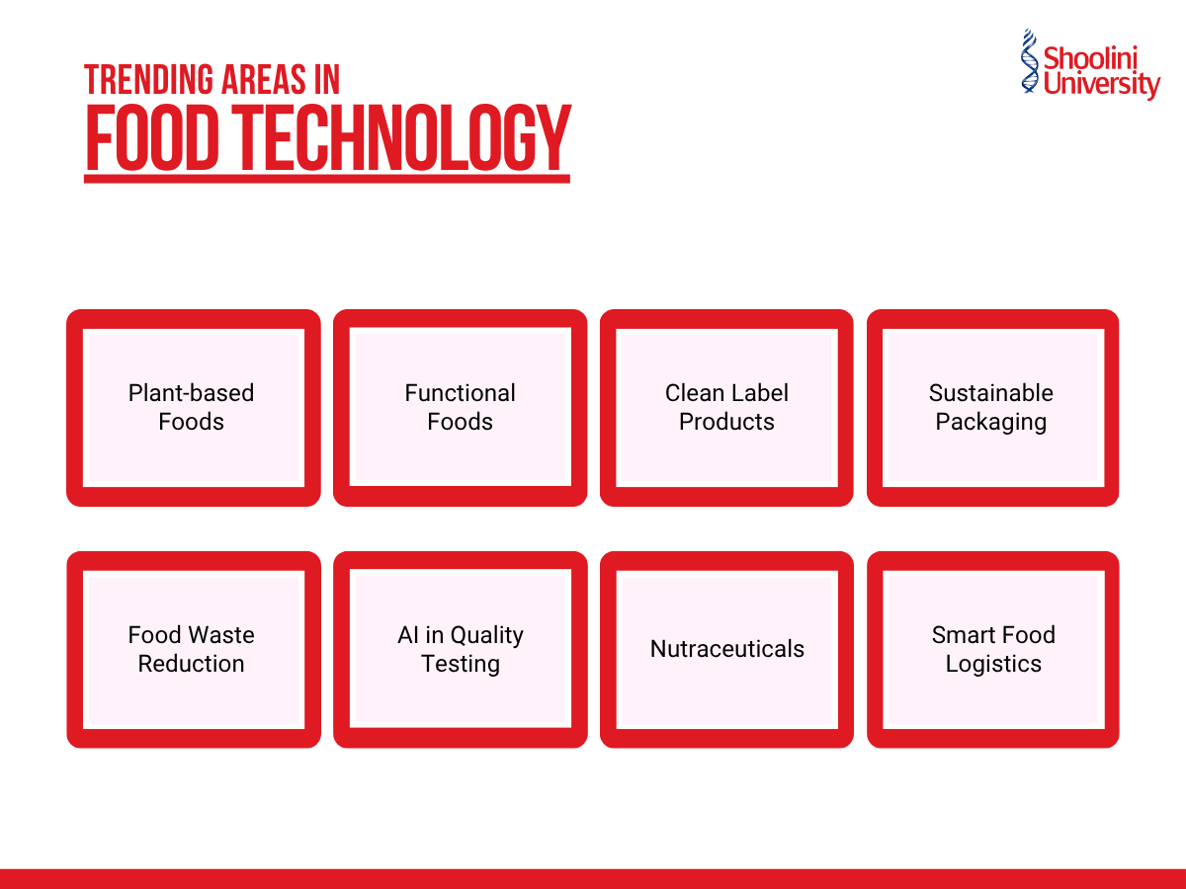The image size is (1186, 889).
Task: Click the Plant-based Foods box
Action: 193,407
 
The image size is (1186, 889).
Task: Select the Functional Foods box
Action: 460,407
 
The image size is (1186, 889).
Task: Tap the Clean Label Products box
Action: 726,407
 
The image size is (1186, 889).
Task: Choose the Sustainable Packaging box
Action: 991,407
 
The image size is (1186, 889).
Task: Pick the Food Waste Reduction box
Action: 193,649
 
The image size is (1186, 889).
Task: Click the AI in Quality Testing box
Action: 460,649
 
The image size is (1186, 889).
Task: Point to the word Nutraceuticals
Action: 726,649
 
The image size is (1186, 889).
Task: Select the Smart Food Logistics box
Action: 991,649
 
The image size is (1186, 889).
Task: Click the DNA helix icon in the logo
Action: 1031,61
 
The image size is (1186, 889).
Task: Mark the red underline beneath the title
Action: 326,179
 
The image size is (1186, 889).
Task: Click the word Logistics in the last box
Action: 993,664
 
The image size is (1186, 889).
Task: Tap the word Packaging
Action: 990,422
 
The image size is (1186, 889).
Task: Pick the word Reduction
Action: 191,664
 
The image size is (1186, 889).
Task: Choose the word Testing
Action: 461,664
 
